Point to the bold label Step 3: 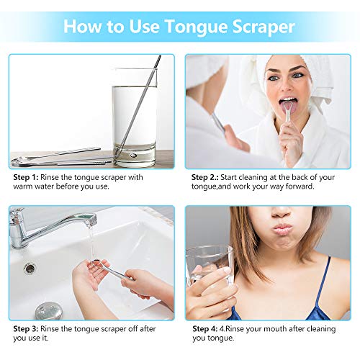click(x=29, y=329)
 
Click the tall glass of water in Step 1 click(x=135, y=115)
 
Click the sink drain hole click(x=30, y=268)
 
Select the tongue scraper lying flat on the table click(x=58, y=156)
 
